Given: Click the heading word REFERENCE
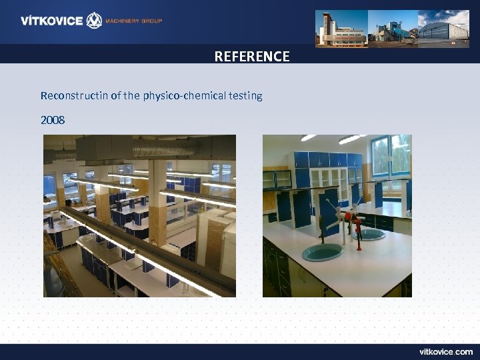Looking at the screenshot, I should pyautogui.click(x=252, y=57).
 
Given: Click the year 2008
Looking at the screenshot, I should pyautogui.click(x=53, y=121).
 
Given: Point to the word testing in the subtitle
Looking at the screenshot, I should pyautogui.click(x=246, y=95).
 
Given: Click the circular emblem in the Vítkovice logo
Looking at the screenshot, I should pyautogui.click(x=95, y=21).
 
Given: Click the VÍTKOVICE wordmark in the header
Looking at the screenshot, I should pyautogui.click(x=51, y=21).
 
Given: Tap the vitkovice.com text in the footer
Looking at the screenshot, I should pyautogui.click(x=446, y=351).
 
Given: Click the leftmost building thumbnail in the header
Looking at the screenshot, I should pyautogui.click(x=341, y=28).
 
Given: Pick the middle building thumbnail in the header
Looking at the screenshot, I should pyautogui.click(x=393, y=28).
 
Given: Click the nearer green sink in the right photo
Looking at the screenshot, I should pyautogui.click(x=323, y=252).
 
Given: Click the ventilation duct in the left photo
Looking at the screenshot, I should pyautogui.click(x=107, y=147).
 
